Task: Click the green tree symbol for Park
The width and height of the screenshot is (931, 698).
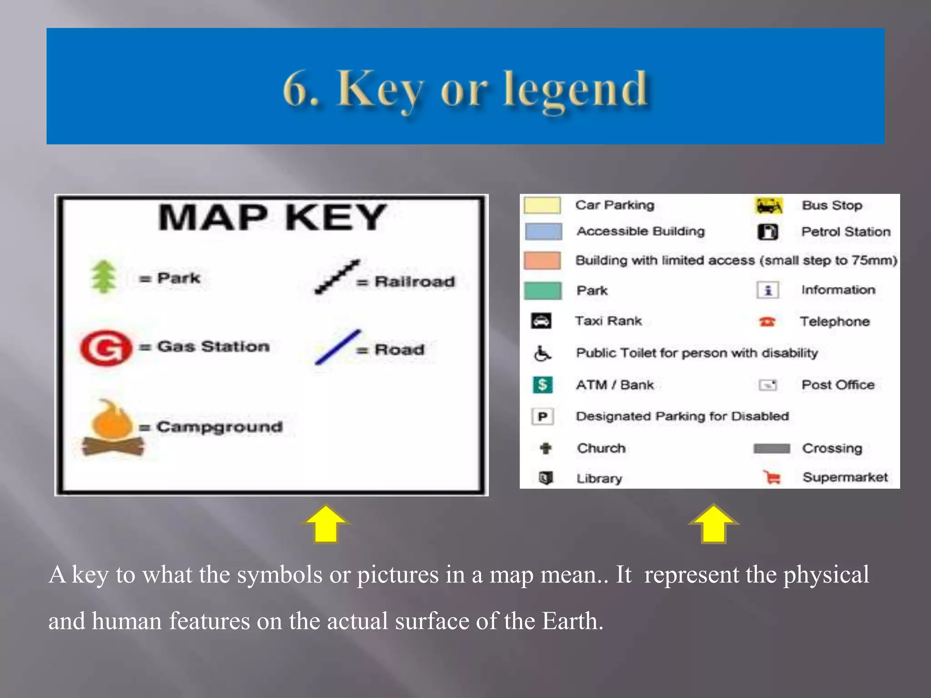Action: [104, 276]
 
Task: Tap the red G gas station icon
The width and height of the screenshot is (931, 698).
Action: [105, 348]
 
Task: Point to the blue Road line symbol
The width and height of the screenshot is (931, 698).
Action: [337, 347]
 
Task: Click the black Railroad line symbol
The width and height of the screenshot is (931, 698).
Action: [337, 277]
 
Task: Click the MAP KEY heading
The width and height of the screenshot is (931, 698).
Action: [272, 217]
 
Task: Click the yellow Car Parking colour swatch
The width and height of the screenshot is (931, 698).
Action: [542, 205]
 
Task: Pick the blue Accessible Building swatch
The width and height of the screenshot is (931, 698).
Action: [543, 231]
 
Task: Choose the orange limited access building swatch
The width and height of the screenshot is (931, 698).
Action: [542, 260]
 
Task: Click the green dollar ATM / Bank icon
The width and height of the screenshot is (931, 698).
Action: [542, 385]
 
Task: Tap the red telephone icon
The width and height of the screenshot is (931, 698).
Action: [767, 322]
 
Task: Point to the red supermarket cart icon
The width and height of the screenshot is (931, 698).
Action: [772, 477]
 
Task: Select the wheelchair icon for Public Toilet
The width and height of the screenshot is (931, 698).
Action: [542, 353]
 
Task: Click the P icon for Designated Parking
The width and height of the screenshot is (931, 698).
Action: [542, 416]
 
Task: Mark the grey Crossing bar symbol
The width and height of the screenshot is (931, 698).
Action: [771, 449]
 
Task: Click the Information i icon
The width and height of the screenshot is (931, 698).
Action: [768, 290]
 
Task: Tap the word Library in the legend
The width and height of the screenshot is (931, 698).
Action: [599, 479]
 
